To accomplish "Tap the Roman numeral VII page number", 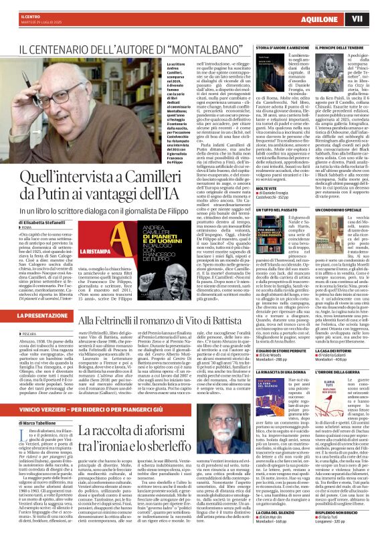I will pos(376,18).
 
